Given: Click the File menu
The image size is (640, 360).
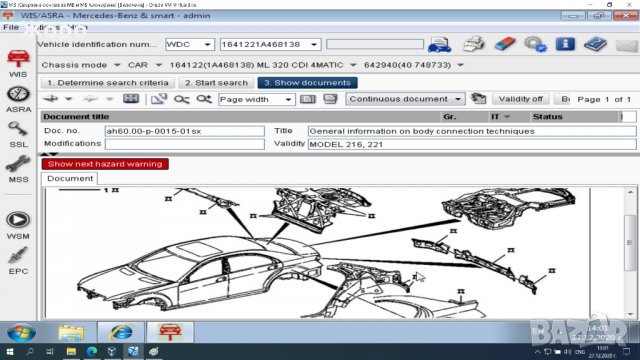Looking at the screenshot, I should (x=12, y=27).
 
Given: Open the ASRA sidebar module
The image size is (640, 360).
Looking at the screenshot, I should (x=17, y=98).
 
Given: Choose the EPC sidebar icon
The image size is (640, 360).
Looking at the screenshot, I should (x=17, y=259).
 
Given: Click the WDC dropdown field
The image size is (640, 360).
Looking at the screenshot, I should (x=189, y=45).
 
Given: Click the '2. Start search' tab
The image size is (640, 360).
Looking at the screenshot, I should (x=216, y=83).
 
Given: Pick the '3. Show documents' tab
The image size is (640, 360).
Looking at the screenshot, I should (x=306, y=83).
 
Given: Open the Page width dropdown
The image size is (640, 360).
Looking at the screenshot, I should (x=255, y=99).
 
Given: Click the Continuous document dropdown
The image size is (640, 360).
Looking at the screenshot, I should (x=405, y=99).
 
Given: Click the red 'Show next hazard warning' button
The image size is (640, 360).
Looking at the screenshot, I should (x=104, y=164).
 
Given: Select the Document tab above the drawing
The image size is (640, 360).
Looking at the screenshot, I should (x=70, y=179).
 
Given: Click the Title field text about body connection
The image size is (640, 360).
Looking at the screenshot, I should (x=420, y=131).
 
